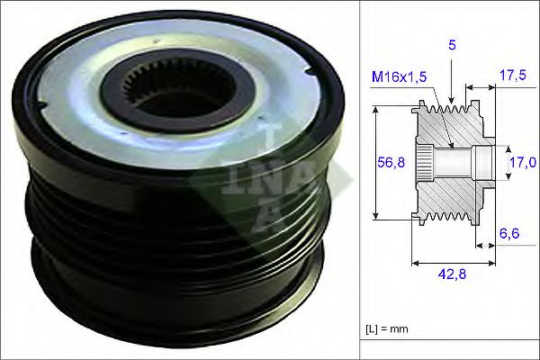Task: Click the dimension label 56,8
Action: tap(391, 162)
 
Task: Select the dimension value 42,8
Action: tap(452, 274)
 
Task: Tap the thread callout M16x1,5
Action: tap(399, 76)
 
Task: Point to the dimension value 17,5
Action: tap(513, 76)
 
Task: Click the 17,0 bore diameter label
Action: tap(523, 162)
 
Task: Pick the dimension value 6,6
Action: tap(509, 233)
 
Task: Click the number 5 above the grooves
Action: tap(452, 45)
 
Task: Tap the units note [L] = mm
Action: tap(387, 328)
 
